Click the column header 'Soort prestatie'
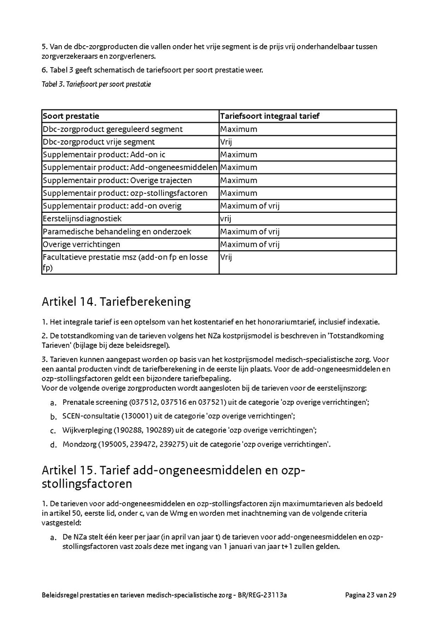point(71,116)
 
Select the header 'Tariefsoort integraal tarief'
point(270,116)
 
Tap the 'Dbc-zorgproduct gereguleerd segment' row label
point(113,129)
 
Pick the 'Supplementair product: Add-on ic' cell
point(104,155)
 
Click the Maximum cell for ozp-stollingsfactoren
point(238,193)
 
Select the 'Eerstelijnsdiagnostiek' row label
point(82,219)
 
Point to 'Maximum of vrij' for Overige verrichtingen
point(250,244)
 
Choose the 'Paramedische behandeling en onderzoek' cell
point(117,232)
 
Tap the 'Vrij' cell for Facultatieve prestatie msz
point(226,257)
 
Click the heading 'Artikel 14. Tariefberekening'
point(116,302)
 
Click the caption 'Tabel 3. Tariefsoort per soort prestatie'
point(96,84)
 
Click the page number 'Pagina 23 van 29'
point(370,595)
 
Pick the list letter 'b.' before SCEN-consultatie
point(54,416)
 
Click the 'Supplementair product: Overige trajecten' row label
point(117,180)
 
